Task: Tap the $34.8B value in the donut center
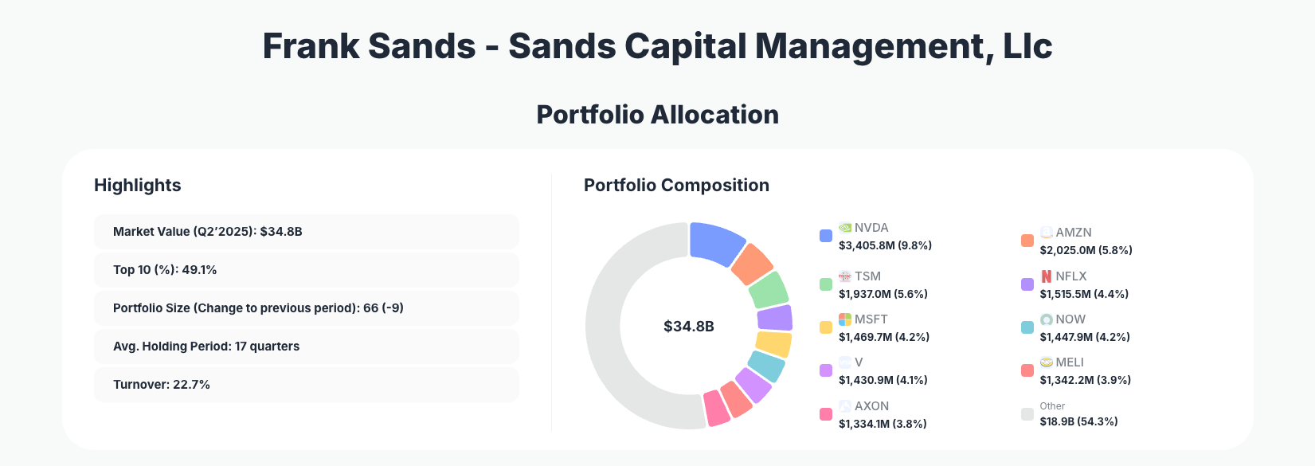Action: tap(688, 327)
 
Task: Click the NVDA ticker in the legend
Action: tap(871, 228)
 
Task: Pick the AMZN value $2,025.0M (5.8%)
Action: tap(1086, 250)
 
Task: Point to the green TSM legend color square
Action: tap(826, 284)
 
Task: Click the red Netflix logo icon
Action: tap(1047, 276)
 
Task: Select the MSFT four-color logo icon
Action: tap(845, 319)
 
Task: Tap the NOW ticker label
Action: tap(1070, 319)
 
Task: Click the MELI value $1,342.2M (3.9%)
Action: tap(1085, 380)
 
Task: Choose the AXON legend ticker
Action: tap(871, 406)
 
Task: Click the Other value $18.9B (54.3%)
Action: tap(1078, 421)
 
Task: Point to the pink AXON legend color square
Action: tap(826, 414)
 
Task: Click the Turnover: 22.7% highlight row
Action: tap(306, 385)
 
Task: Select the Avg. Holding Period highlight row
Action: tap(306, 347)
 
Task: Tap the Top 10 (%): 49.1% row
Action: tap(306, 270)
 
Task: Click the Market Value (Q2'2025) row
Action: tap(306, 232)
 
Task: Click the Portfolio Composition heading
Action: tap(676, 186)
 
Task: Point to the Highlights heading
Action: tap(137, 186)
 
